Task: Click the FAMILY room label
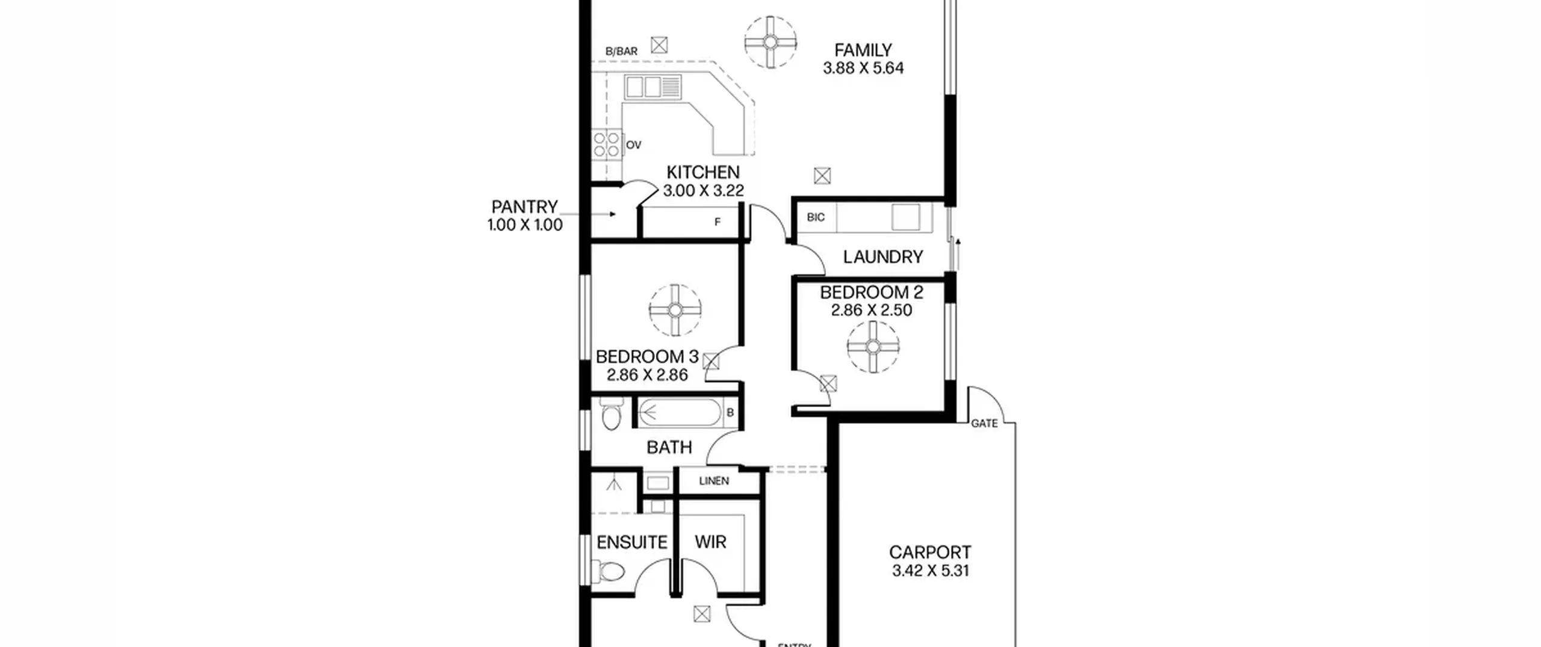pyautogui.click(x=863, y=50)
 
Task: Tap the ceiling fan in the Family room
pyautogui.click(x=770, y=42)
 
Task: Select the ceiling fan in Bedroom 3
pyautogui.click(x=675, y=310)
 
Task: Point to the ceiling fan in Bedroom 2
pyautogui.click(x=873, y=347)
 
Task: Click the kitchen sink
pyautogui.click(x=653, y=87)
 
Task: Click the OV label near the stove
pyautogui.click(x=633, y=145)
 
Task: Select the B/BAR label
pyautogui.click(x=621, y=52)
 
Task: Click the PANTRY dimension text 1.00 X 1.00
pyautogui.click(x=525, y=225)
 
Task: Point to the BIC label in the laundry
pyautogui.click(x=816, y=217)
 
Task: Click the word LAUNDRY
pyautogui.click(x=882, y=257)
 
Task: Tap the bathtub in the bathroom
pyautogui.click(x=679, y=413)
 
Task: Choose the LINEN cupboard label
pyautogui.click(x=714, y=481)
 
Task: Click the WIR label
pyautogui.click(x=710, y=542)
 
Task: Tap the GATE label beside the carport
pyautogui.click(x=984, y=424)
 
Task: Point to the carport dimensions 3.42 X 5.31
pyautogui.click(x=930, y=571)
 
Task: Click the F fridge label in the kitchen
pyautogui.click(x=718, y=222)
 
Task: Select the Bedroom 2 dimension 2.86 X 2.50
pyautogui.click(x=872, y=310)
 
